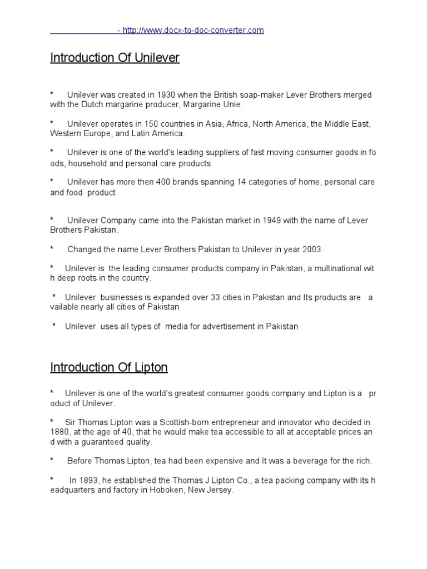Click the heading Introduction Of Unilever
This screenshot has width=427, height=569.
pyautogui.click(x=115, y=58)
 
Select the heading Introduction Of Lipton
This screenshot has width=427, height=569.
pyautogui.click(x=109, y=367)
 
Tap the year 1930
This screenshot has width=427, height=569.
pyautogui.click(x=167, y=95)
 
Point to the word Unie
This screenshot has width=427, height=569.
pyautogui.click(x=232, y=104)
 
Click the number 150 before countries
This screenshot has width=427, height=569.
pyautogui.click(x=150, y=124)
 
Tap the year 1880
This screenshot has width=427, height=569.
pyautogui.click(x=59, y=432)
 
